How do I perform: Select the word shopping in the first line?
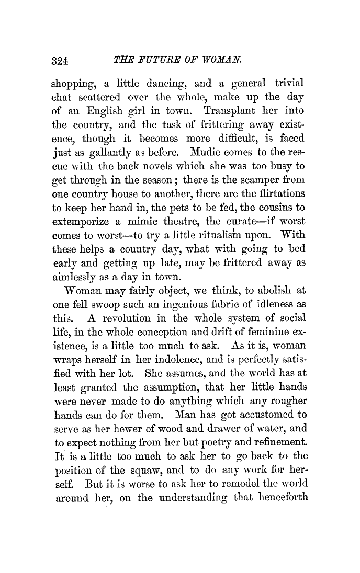(x=73, y=83)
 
